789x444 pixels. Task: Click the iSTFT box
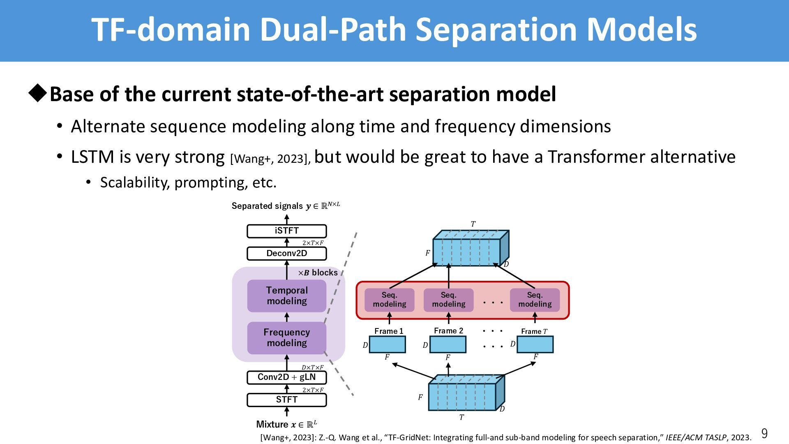286,231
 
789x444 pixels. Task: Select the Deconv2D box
286,253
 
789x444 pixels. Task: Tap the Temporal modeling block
286,296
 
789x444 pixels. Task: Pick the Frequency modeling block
286,338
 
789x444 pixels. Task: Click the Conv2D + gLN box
286,377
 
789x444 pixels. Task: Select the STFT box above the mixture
286,400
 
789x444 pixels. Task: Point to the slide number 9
764,433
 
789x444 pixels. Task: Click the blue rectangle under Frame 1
387,345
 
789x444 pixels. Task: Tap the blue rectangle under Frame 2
448,345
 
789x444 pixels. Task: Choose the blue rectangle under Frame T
535,345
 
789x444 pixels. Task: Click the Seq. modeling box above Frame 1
389,300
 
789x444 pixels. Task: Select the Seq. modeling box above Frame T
535,300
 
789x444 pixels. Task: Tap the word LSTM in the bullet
92,157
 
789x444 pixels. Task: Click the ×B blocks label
318,273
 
